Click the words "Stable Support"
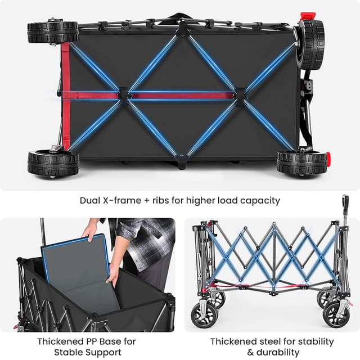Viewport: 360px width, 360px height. [87, 352]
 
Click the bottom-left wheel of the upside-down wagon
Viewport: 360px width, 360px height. [52, 163]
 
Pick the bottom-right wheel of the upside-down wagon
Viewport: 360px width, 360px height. [301, 162]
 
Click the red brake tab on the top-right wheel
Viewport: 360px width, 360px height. [307, 16]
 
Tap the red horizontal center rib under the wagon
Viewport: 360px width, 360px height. [180, 96]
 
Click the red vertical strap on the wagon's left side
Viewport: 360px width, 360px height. [66, 96]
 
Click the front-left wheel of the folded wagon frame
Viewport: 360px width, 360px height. [204, 315]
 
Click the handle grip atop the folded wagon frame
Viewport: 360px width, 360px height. [345, 202]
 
